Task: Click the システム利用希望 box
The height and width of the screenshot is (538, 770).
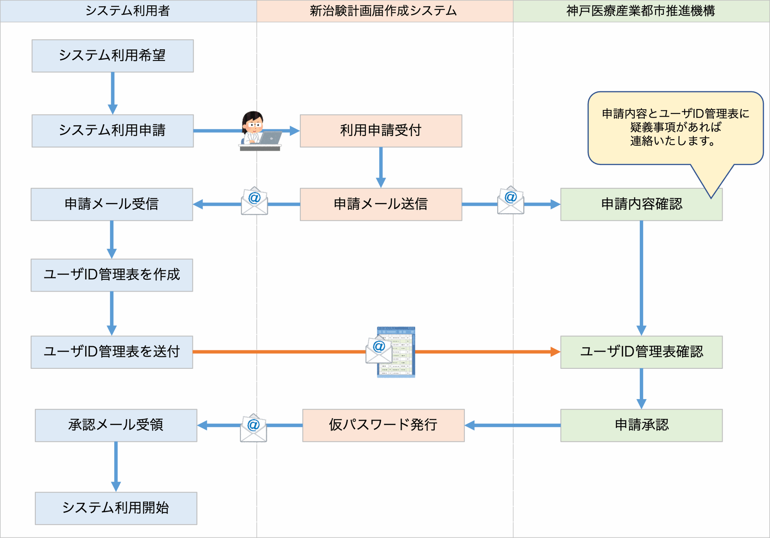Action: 113,56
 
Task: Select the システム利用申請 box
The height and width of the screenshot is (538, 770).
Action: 113,131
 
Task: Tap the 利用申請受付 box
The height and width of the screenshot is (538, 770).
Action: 381,131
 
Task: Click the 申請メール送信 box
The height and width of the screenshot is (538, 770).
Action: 381,204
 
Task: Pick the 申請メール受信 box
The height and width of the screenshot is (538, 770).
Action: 112,204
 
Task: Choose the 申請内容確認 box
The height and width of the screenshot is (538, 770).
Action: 641,204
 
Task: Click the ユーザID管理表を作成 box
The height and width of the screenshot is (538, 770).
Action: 112,275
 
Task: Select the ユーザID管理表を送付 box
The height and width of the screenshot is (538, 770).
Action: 112,352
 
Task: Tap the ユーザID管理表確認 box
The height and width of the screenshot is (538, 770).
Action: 641,352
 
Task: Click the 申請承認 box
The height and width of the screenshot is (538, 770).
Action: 641,425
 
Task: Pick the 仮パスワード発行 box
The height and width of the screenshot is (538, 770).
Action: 383,425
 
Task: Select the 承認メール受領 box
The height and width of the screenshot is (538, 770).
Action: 116,425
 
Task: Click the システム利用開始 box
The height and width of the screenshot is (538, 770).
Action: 116,508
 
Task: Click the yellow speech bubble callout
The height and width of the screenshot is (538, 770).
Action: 676,128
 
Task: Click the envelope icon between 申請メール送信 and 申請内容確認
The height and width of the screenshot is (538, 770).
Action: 510,200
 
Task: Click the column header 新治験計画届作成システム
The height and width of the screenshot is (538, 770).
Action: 383,11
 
